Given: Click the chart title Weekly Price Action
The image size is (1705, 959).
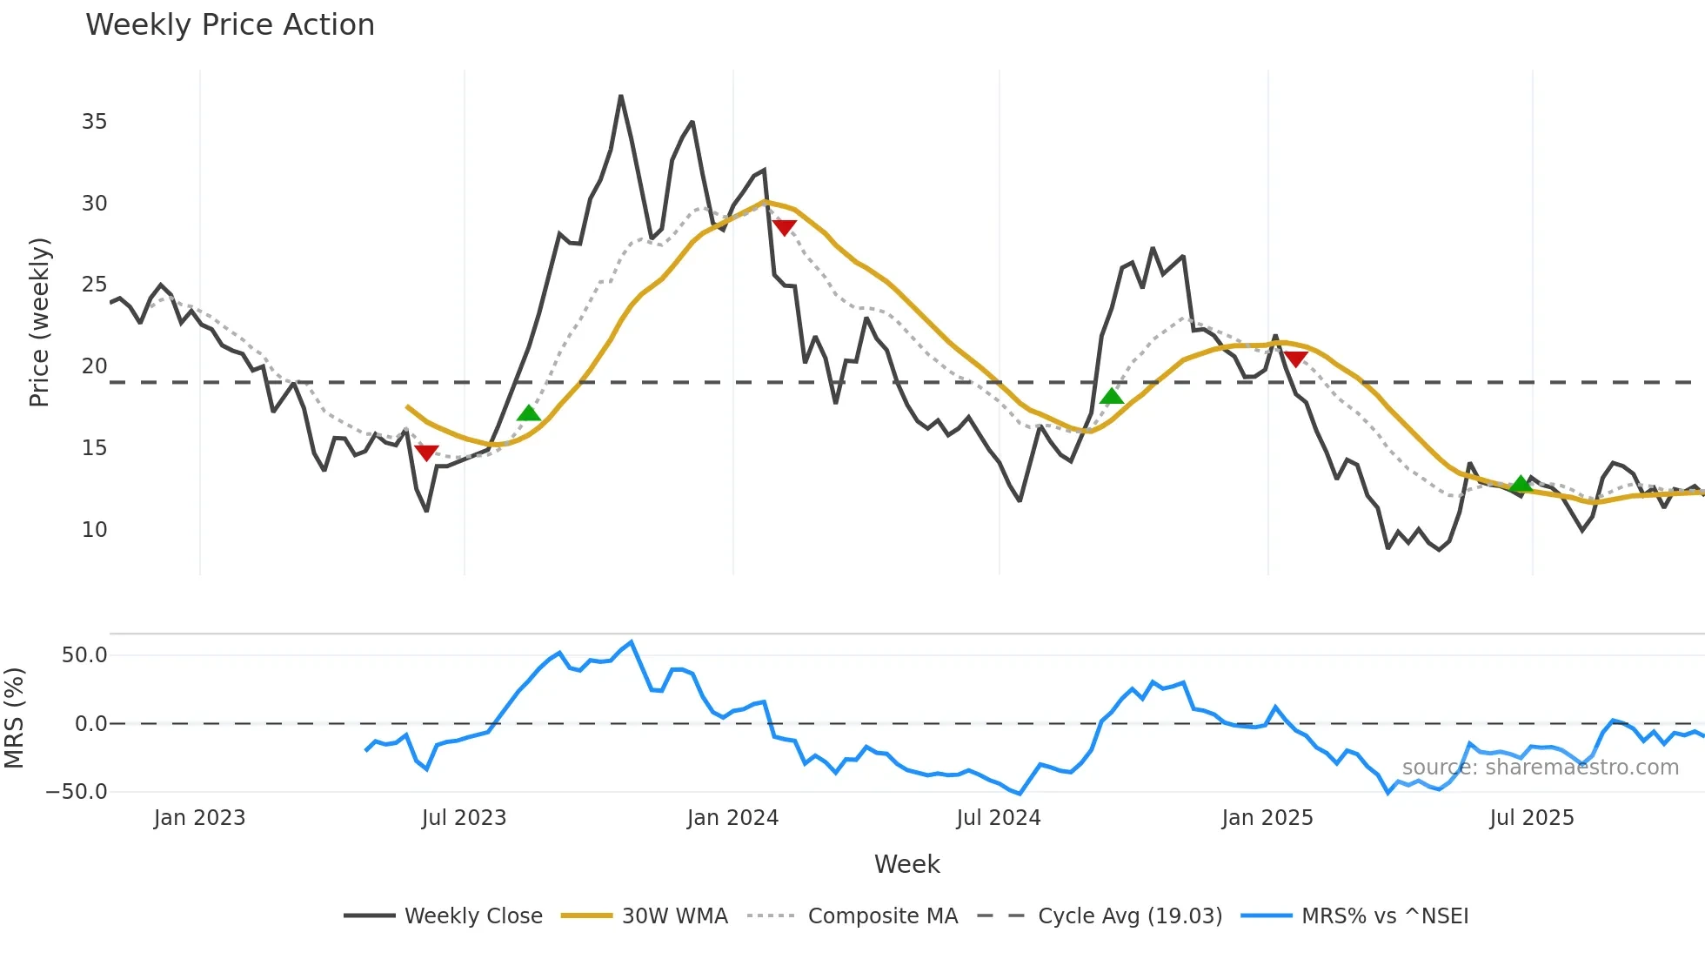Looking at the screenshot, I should [230, 25].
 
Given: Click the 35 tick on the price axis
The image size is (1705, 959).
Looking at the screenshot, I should [95, 122].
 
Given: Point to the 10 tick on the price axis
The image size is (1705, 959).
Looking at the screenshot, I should [95, 529].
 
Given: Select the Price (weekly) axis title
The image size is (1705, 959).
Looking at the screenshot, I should [39, 322].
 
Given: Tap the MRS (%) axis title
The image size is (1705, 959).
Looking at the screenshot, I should [14, 718].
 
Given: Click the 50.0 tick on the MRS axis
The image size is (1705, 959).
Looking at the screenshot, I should [84, 655].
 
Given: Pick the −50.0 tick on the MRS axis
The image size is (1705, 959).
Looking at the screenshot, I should [77, 792].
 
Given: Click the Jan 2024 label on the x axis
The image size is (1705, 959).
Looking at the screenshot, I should [732, 818].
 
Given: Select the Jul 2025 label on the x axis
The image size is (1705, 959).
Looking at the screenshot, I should [1532, 818].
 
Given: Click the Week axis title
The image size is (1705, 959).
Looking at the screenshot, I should [906, 864].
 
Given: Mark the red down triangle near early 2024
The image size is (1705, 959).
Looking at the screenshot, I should [784, 228].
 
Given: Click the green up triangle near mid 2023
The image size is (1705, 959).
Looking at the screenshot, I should [529, 412].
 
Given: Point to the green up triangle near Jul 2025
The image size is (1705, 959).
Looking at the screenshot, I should [1521, 484].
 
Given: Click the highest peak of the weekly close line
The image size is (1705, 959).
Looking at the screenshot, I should [621, 97].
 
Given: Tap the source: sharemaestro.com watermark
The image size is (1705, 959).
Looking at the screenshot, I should [1540, 768].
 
